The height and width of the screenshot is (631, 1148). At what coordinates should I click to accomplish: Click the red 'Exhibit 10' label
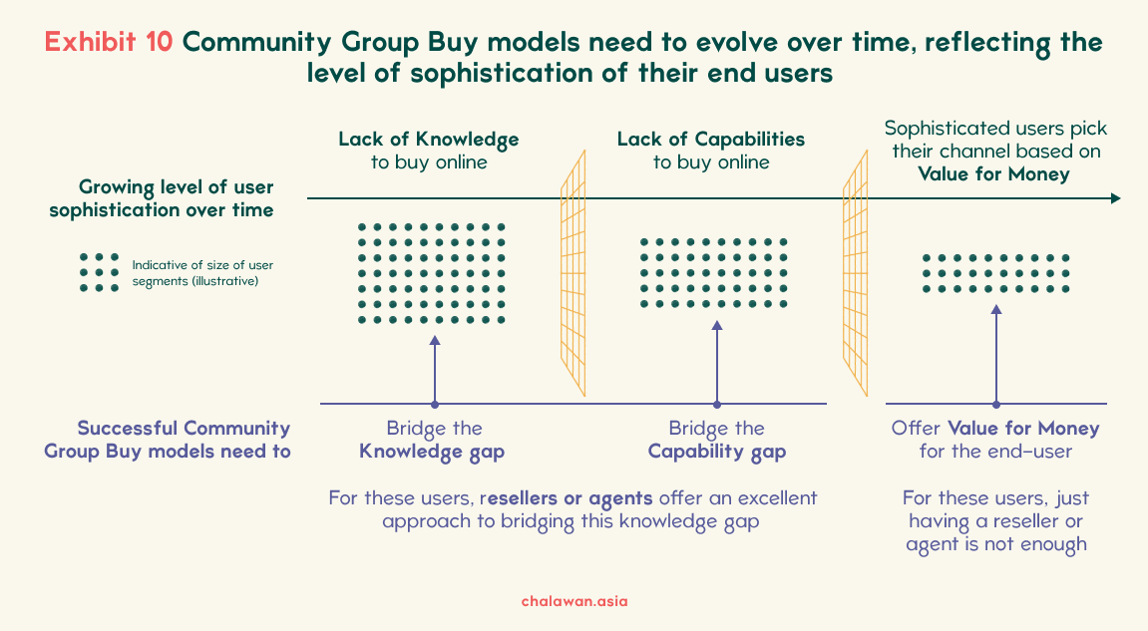[x=109, y=42]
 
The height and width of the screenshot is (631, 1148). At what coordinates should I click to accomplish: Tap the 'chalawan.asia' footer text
[x=574, y=601]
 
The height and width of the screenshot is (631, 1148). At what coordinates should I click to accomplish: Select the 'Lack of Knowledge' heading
[x=428, y=140]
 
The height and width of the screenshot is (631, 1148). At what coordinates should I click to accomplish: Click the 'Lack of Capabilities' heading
[x=711, y=140]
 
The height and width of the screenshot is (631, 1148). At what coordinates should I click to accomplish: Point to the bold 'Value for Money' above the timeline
[x=993, y=174]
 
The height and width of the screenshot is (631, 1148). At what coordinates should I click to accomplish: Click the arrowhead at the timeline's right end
[x=1115, y=198]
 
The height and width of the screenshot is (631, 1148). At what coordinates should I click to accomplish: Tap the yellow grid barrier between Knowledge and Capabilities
[x=574, y=273]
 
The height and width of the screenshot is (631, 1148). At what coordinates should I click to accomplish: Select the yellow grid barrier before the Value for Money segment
[x=855, y=273]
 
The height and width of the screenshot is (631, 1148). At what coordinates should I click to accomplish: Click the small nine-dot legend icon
[x=99, y=272]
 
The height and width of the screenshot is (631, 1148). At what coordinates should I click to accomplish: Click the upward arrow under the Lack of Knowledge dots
[x=435, y=371]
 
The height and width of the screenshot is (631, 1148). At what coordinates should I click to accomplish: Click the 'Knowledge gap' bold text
[x=432, y=452]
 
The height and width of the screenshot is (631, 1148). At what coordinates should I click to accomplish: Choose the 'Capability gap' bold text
[x=717, y=452]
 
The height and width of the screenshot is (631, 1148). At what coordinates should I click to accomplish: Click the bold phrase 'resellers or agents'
[x=566, y=498]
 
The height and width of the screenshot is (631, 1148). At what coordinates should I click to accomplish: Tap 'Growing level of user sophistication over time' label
[x=162, y=198]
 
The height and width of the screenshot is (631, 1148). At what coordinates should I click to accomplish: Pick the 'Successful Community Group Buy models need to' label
[x=168, y=440]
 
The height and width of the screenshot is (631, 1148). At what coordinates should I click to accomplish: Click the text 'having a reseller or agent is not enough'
[x=995, y=533]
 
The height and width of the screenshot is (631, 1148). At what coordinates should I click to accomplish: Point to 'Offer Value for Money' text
[x=995, y=429]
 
